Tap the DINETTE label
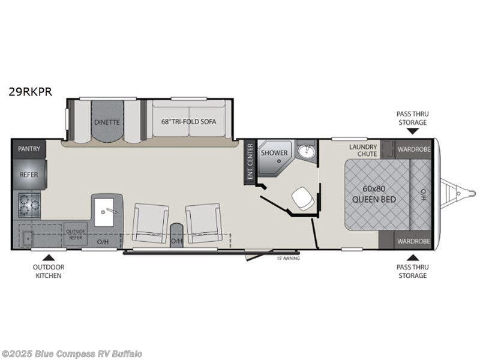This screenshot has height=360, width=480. click(x=106, y=122)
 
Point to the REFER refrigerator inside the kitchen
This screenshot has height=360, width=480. click(x=28, y=175)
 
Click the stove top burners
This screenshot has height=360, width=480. click(x=29, y=205)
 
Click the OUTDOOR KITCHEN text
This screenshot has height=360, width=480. click(x=49, y=271)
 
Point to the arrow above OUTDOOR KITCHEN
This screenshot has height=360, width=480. click(x=49, y=256)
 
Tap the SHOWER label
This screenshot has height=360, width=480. click(x=274, y=153)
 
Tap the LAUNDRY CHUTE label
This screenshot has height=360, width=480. click(x=363, y=151)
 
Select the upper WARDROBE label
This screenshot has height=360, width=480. click(x=413, y=148)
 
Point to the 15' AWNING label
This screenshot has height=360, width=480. click(x=287, y=258)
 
